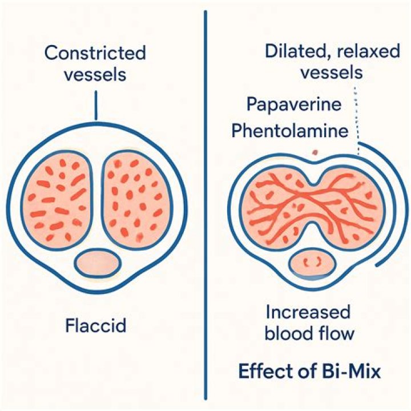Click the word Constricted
[x=95, y=53]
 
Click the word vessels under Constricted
[x=95, y=74]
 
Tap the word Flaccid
[x=96, y=325]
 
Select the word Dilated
[x=296, y=51]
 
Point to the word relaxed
[x=368, y=51]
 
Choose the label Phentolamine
[x=290, y=130]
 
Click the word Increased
[x=308, y=312]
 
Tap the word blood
[x=287, y=333]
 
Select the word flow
[x=336, y=333]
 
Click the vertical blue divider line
[x=205, y=205]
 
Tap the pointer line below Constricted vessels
[x=96, y=105]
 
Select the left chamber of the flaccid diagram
[x=57, y=200]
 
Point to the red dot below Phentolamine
[x=315, y=152]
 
